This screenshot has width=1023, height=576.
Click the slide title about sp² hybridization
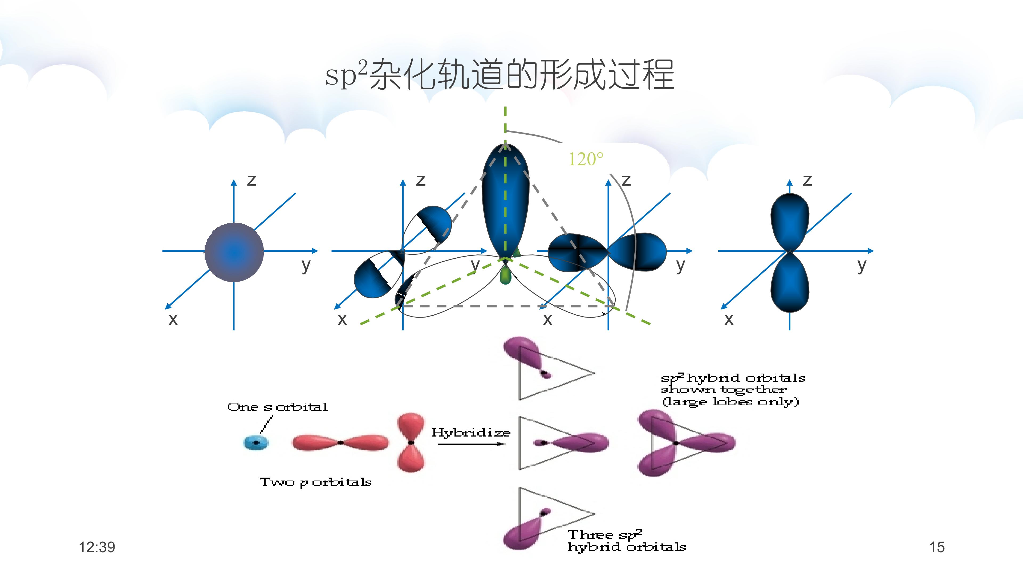pos(500,75)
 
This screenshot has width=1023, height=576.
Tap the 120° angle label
pos(586,159)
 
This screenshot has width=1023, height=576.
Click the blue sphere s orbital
pos(234,252)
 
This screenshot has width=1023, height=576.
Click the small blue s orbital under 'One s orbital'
pos(256,442)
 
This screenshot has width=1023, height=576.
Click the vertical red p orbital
pos(411,442)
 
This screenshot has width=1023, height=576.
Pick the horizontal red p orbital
pos(340,442)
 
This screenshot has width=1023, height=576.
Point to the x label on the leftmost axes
pos(173,319)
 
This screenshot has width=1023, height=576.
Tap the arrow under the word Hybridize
pos(471,444)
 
